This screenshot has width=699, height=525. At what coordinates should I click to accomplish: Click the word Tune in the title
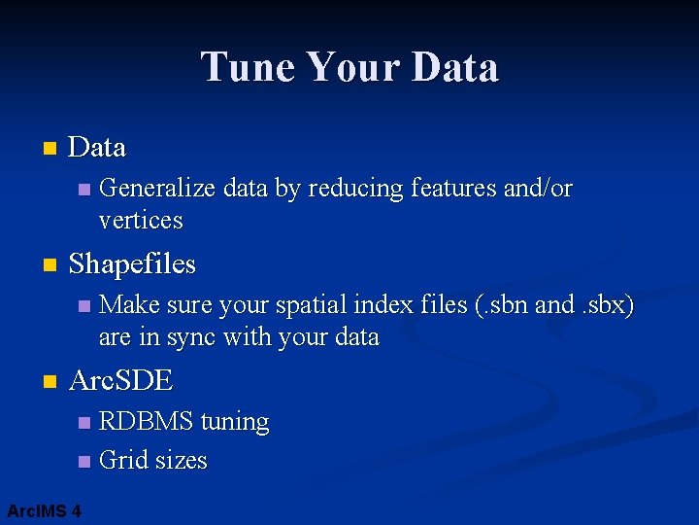coord(247,68)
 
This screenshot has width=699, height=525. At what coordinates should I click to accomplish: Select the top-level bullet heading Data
coord(97,148)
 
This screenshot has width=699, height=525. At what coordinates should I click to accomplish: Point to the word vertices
coord(141,221)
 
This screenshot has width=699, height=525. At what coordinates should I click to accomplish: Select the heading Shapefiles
coord(132,264)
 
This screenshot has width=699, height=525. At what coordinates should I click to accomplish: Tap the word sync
coord(193,338)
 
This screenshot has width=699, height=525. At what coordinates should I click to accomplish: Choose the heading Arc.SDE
coord(120,381)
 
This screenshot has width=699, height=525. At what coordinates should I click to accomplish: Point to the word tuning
coord(234,422)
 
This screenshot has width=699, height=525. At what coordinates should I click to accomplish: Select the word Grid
coord(122,460)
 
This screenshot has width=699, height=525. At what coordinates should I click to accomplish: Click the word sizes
coord(181,460)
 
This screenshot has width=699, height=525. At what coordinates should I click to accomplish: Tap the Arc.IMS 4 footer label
coord(44,510)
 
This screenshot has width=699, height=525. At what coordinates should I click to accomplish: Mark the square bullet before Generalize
coord(83,190)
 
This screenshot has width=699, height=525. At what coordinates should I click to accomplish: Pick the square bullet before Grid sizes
coord(83,461)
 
